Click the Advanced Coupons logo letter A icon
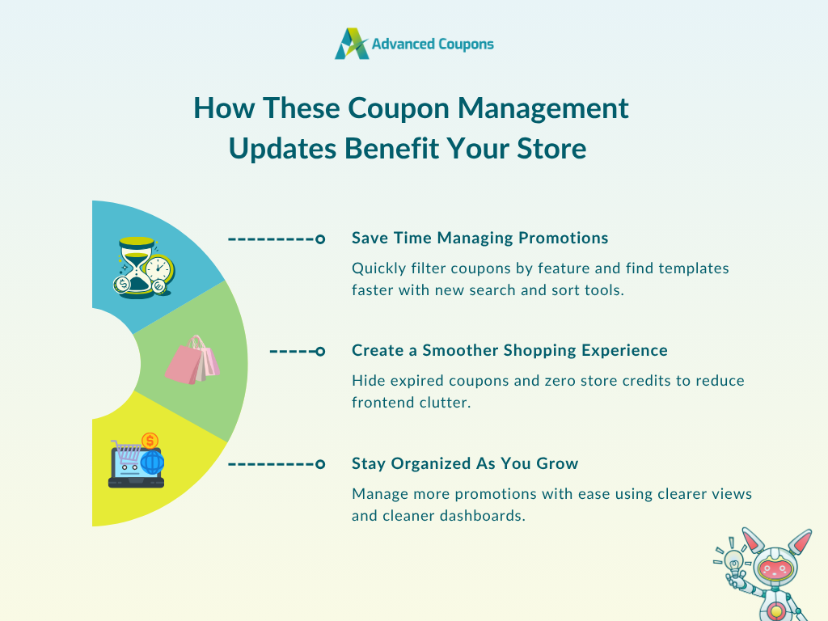pos(351,44)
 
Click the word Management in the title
pos(543,109)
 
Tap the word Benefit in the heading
pos(391,149)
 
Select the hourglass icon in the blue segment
pos(137,267)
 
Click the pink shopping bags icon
pos(192,360)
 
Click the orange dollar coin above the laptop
pos(150,441)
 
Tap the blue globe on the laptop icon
pos(153,463)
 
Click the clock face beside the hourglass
pos(158,269)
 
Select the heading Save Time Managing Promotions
pos(480,239)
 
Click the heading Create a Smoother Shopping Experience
pos(509,351)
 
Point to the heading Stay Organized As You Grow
pos(465,463)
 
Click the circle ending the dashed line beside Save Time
pos(320,239)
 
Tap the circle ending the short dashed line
pos(320,352)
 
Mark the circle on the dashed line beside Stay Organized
pos(320,465)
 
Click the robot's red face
pos(774,569)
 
